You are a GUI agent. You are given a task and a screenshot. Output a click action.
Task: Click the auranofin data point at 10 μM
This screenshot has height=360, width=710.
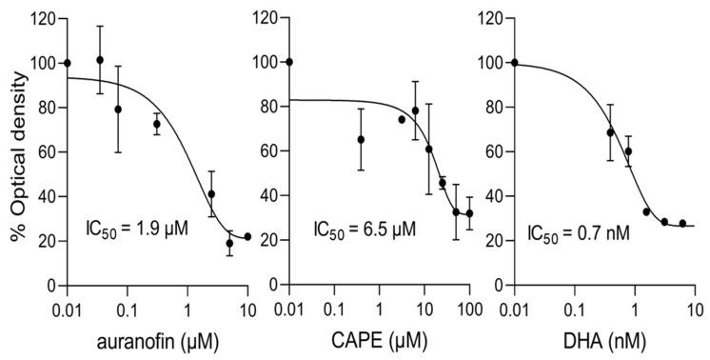[x=247, y=236]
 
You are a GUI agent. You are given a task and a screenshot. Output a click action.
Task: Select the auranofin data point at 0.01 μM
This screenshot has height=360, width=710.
[x=67, y=63]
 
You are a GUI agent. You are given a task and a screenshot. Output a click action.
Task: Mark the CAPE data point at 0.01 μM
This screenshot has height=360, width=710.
[x=289, y=62]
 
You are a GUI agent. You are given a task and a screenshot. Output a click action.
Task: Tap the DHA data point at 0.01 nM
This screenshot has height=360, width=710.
[x=515, y=63]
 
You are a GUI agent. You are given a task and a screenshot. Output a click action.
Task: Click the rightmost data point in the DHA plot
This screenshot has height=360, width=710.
[x=682, y=224]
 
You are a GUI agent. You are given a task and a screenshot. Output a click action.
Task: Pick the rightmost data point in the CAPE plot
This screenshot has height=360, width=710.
[x=469, y=213]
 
